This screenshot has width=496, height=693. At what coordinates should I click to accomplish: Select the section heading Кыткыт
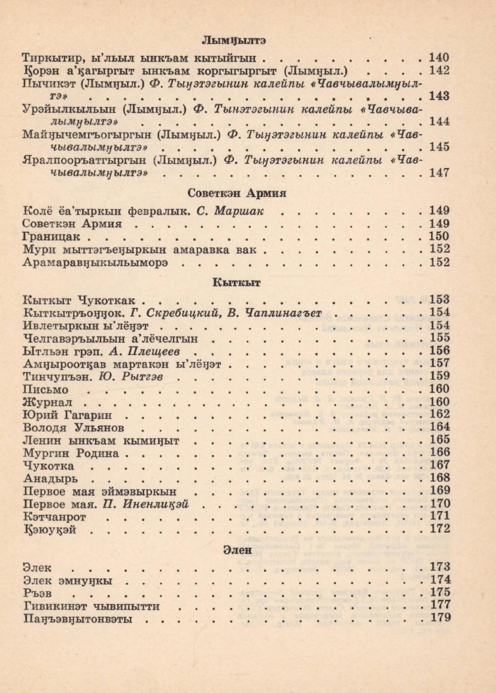coord(235,282)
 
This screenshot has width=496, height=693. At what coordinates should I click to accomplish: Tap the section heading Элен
coord(235,550)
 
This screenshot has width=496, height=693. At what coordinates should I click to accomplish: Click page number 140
coord(439,58)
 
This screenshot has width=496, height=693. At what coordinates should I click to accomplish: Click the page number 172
coord(439,529)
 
